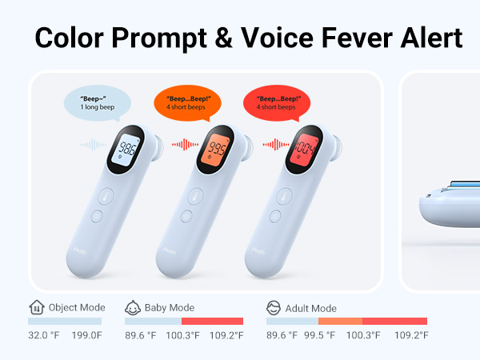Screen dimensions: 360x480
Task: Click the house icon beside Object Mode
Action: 36,307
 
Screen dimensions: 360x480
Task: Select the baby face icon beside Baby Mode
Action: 133,307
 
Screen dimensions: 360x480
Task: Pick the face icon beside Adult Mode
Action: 274,307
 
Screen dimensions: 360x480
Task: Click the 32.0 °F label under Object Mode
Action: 44,335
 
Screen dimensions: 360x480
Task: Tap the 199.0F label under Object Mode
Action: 87,335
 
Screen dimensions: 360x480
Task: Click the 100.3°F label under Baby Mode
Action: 182,335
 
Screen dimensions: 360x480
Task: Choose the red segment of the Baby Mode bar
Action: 212,321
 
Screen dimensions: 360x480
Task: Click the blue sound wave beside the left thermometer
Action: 92,145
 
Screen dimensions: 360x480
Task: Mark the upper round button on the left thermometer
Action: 106,195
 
